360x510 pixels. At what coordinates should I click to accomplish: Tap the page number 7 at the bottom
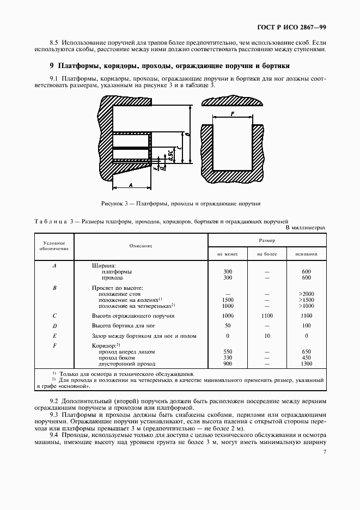pos(324,452)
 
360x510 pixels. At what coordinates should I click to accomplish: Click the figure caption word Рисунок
pos(113,203)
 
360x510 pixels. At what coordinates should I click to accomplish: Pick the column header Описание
pos(141,246)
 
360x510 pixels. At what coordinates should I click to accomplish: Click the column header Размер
pos(267,239)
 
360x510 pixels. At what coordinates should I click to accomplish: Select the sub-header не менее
pos(228,254)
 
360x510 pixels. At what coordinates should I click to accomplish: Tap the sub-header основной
pos(307,254)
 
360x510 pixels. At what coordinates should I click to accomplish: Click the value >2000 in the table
pos(307,294)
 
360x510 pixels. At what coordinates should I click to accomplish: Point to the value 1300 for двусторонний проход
pos(307,363)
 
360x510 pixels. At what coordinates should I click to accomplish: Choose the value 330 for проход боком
pos(228,357)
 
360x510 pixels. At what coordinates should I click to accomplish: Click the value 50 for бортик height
pos(228,325)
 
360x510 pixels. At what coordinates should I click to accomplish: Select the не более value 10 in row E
pos(267,336)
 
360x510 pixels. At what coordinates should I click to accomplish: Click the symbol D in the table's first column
pos(54,325)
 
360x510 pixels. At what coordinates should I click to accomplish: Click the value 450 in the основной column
pos(307,357)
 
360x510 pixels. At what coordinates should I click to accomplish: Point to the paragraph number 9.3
pos(55,415)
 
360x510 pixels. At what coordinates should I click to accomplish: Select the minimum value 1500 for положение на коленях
pos(228,300)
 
